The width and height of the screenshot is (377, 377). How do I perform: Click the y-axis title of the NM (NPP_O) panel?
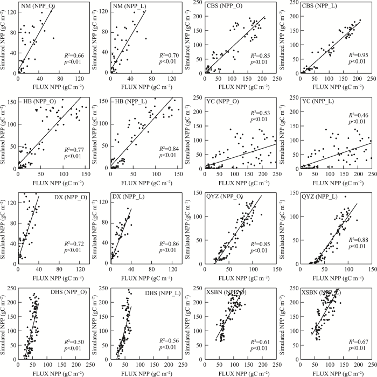(x=5, y=38)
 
